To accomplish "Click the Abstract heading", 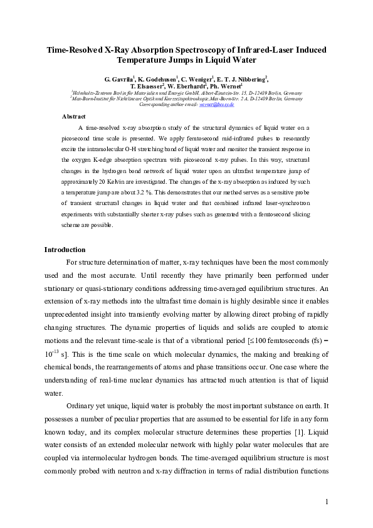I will (74, 117).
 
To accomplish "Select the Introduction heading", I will (65, 250).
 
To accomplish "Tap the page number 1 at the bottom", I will (327, 501).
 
